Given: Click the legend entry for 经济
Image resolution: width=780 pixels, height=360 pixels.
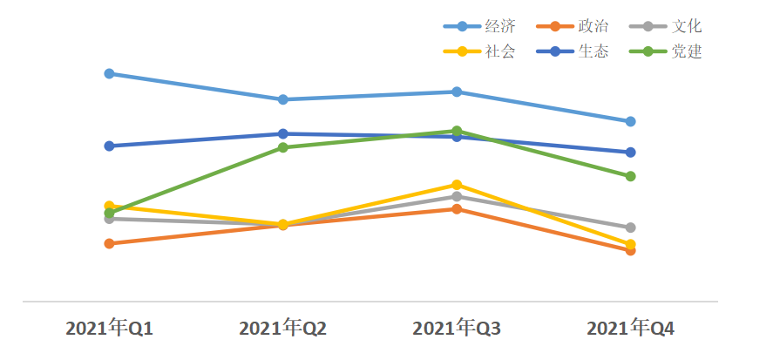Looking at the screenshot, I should click(484, 26).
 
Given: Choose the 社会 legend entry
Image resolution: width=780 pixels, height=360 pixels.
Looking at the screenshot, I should click(484, 51).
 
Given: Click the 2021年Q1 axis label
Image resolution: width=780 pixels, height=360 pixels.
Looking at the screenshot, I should click(109, 329).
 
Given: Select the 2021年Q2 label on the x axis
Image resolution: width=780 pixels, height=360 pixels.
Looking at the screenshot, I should click(282, 329).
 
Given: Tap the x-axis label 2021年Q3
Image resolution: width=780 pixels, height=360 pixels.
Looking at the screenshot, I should click(457, 329).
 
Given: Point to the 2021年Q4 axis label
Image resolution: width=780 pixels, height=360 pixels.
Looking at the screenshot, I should click(630, 329).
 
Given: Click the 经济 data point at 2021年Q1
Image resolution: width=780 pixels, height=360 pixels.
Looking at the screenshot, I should click(109, 73).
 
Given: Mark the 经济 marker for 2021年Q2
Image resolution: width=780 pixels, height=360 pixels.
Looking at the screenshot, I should click(283, 99).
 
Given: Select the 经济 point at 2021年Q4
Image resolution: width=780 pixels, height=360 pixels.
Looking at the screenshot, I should click(630, 121).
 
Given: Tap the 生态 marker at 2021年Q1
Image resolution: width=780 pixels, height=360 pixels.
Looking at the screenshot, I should click(109, 146).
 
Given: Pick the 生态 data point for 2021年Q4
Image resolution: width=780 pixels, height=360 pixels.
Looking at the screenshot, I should click(630, 152).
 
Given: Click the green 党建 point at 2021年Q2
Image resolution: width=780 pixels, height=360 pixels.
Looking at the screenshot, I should click(283, 147).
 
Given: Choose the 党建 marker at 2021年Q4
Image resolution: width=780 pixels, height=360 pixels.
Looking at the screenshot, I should click(630, 176).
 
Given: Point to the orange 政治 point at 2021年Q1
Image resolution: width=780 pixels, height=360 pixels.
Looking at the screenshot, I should click(109, 243).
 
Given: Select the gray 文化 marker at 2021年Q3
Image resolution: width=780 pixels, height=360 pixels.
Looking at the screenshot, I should click(457, 196).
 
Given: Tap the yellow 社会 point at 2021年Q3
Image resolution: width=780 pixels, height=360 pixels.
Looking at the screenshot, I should click(457, 185).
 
